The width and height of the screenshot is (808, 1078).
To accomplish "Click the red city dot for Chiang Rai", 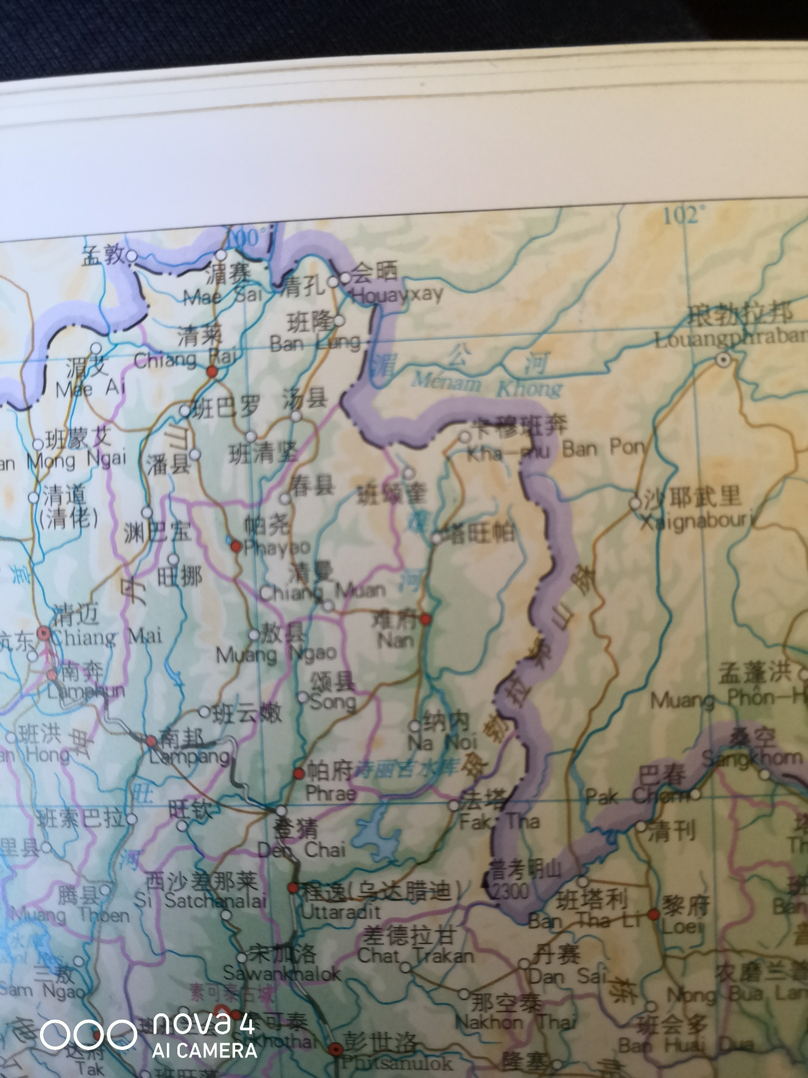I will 212,372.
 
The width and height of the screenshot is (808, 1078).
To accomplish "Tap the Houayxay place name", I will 397,295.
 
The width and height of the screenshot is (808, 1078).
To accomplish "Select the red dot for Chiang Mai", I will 45,634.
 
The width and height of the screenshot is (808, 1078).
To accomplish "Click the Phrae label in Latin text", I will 331,793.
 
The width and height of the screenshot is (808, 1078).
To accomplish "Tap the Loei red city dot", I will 653,914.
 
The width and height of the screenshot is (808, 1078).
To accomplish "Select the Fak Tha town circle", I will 454,806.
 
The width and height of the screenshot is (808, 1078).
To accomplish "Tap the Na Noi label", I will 444,743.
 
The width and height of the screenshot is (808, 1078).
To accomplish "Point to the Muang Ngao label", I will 277,655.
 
